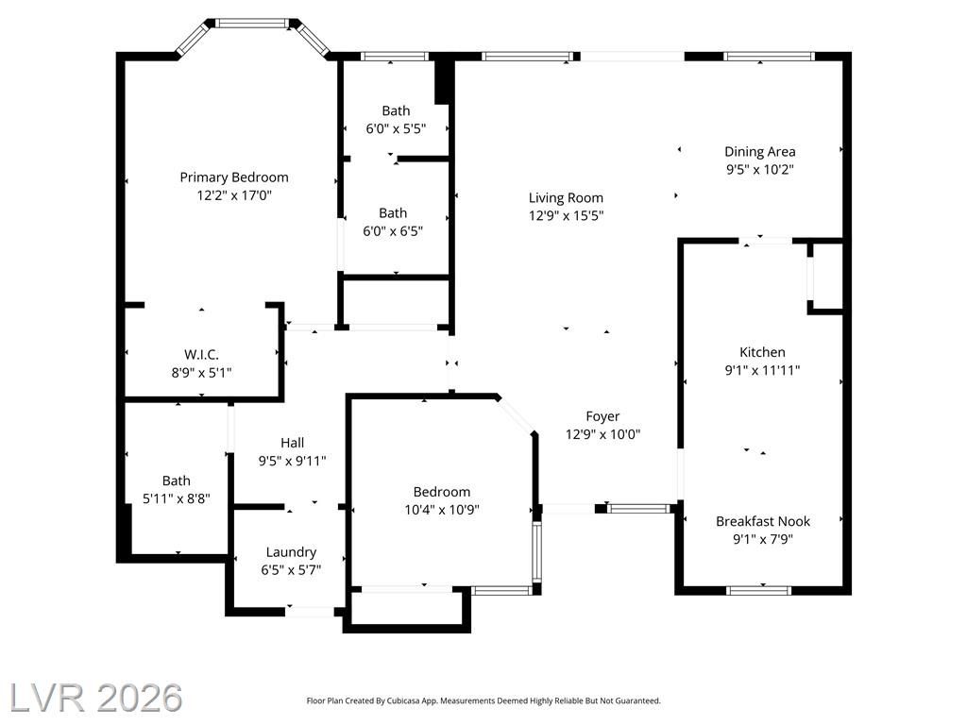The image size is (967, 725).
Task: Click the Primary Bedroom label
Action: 234,177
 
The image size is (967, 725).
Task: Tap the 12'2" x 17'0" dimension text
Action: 234,195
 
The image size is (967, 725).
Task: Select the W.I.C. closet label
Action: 202,355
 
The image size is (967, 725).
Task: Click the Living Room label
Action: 566,198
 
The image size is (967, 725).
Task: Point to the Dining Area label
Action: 760,152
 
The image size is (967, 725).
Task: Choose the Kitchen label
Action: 762,352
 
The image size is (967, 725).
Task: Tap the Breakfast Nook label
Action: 763,521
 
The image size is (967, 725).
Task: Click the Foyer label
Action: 602,416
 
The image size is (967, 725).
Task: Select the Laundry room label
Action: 291,552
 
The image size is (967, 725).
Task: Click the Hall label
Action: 293,443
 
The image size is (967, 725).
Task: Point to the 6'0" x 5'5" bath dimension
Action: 396,128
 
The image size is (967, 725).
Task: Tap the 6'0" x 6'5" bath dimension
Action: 393,231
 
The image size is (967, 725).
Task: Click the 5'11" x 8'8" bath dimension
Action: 177,498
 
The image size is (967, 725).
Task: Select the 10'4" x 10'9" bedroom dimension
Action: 442,510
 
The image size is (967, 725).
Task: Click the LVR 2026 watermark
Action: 96,698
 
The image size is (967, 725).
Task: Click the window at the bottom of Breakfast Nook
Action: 758,590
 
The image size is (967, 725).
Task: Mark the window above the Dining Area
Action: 769,56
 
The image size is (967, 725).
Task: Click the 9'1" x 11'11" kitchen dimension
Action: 762,370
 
